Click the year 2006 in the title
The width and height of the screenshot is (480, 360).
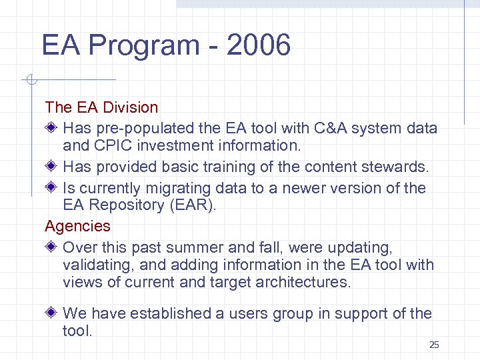[259, 46]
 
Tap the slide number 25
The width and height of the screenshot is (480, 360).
[434, 345]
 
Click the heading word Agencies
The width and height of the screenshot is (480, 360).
[77, 227]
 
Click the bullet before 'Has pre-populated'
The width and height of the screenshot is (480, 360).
[52, 128]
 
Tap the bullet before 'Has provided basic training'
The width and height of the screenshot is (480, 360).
[52, 167]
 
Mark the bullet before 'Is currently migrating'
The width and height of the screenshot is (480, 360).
[52, 188]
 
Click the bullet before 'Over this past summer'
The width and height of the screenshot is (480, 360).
[52, 247]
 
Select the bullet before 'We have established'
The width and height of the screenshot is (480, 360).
[52, 313]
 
